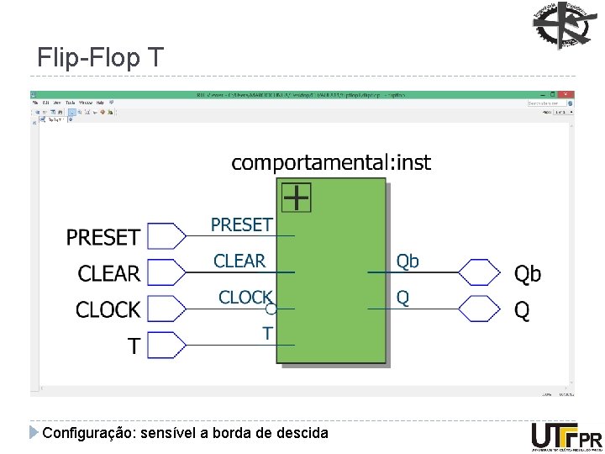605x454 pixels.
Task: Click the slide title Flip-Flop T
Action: click(101, 58)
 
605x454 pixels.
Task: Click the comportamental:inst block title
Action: click(331, 162)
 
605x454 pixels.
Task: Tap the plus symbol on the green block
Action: click(296, 198)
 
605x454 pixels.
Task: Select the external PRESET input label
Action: click(103, 237)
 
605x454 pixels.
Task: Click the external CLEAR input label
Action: click(108, 273)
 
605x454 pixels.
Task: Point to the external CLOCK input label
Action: click(108, 309)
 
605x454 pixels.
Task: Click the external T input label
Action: click(134, 346)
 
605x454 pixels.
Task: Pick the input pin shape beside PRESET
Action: click(166, 236)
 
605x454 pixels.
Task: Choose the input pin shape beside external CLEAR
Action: click(166, 272)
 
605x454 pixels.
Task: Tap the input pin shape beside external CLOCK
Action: click(166, 309)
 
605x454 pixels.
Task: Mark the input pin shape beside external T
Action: click(166, 345)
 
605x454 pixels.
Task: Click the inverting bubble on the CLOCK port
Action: click(271, 309)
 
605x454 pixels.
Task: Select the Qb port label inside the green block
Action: click(408, 261)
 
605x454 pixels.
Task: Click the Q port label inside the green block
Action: click(403, 298)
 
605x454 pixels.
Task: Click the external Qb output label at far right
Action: click(528, 273)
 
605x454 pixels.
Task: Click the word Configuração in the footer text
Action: click(82, 433)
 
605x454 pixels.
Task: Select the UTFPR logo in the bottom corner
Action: click(566, 437)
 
